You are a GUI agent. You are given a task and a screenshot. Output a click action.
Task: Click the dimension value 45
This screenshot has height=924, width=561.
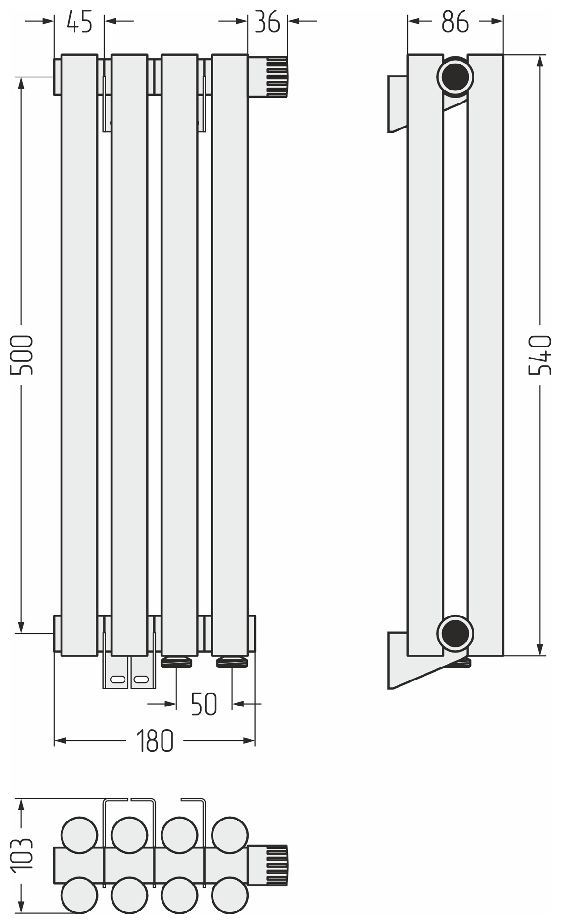coord(80,22)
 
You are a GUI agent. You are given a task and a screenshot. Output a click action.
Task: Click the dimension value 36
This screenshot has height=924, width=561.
coord(267,22)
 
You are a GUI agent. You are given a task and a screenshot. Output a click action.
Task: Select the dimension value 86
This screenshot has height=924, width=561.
coord(455,22)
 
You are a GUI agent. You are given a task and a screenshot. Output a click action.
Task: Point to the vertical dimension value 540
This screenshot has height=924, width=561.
coord(540,355)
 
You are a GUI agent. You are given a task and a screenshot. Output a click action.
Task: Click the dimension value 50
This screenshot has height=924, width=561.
coord(204,704)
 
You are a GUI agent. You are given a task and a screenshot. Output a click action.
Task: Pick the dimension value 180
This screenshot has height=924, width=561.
coord(154,741)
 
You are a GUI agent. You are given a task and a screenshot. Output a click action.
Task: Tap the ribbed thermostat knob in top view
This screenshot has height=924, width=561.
coord(276,865)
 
